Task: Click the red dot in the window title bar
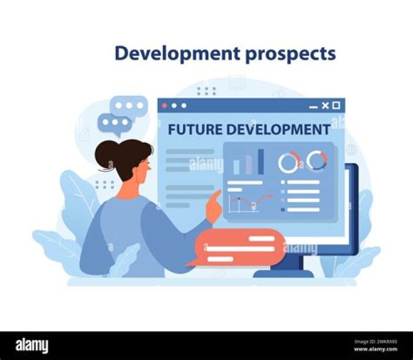coord(165,106)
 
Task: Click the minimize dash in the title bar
coord(313,107)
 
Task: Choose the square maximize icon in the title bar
coord(336,106)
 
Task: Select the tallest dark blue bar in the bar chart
coord(261,161)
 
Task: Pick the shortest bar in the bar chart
coord(236,167)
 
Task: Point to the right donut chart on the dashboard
coord(316,160)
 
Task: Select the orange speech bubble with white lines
coord(238,247)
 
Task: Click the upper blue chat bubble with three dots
coord(130,107)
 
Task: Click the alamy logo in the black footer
coord(32,346)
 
